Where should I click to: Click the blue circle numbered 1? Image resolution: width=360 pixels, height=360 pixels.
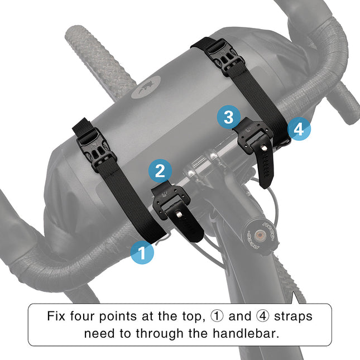coord(142,253)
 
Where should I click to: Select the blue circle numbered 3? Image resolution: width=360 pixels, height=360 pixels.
coord(228,117)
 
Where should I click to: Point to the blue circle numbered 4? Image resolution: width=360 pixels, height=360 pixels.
coord(299,130)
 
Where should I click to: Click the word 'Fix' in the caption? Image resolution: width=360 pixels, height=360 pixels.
coord(57,316)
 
